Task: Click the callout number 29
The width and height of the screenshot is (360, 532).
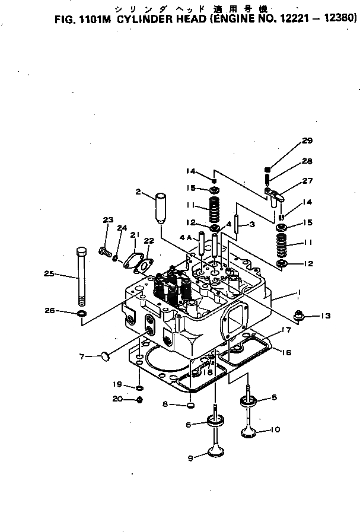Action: click(x=307, y=141)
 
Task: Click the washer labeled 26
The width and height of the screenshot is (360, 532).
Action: click(x=81, y=312)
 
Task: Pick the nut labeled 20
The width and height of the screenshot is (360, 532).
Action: click(x=138, y=400)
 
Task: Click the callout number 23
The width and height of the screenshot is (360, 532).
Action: click(x=107, y=221)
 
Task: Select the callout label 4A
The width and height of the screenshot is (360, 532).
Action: click(x=185, y=237)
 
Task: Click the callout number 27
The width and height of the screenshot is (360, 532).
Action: click(x=308, y=181)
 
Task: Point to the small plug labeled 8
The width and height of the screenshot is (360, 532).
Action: click(x=191, y=406)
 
